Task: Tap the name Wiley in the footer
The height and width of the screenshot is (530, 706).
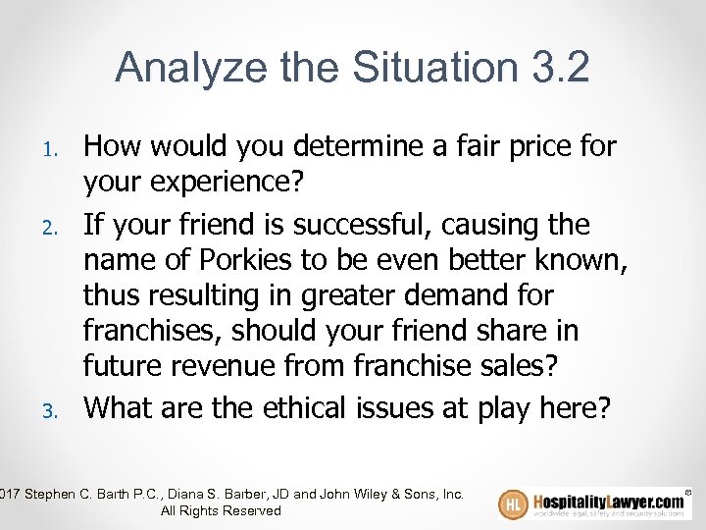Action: pyautogui.click(x=367, y=494)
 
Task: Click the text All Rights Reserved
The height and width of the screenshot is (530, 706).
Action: pyautogui.click(x=221, y=510)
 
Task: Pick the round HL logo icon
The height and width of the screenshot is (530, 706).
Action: pyautogui.click(x=514, y=504)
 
